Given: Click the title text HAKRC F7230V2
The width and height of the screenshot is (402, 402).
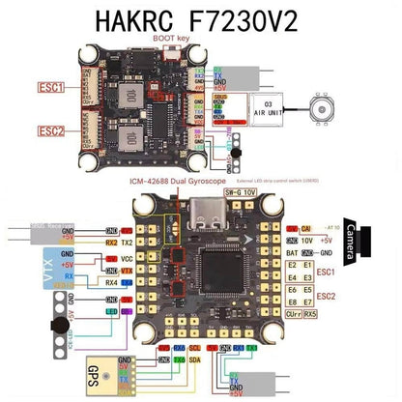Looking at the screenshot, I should point(200,19).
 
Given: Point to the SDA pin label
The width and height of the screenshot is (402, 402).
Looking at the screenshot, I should point(193,359).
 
